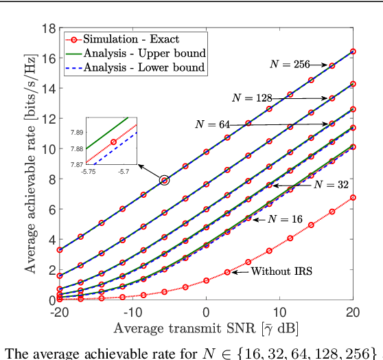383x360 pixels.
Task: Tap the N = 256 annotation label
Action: pyautogui.click(x=289, y=63)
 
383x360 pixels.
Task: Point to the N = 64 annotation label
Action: pyautogui.click(x=212, y=124)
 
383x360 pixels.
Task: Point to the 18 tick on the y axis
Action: pyautogui.click(x=48, y=28)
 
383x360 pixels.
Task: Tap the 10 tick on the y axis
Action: pyautogui.click(x=48, y=149)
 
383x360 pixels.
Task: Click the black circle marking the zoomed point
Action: pyautogui.click(x=164, y=180)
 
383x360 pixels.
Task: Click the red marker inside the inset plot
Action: pyautogui.click(x=113, y=142)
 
